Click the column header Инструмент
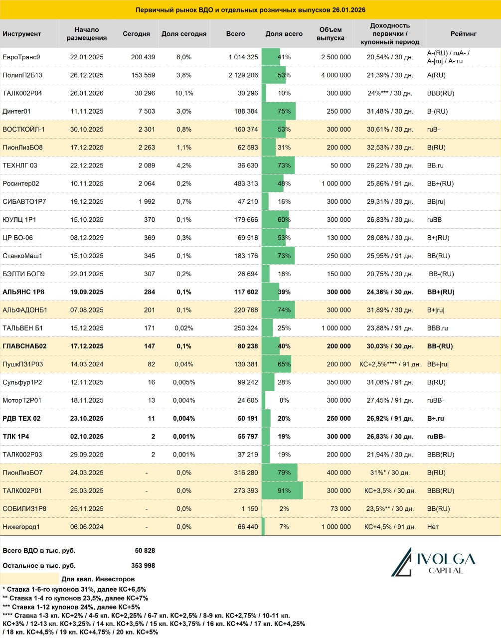pyautogui.click(x=22, y=34)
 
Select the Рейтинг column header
pyautogui.click(x=463, y=34)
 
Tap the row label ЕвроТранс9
pyautogui.click(x=21, y=57)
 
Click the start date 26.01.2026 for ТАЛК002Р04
pyautogui.click(x=87, y=93)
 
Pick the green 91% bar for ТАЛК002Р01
pyautogui.click(x=282, y=490)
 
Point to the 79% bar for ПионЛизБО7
pyautogui.click(x=280, y=473)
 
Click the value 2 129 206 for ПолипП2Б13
pyautogui.click(x=243, y=75)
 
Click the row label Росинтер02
pyautogui.click(x=21, y=183)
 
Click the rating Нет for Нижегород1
pyautogui.click(x=433, y=527)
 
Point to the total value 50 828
pyautogui.click(x=145, y=551)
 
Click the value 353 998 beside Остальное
pyautogui.click(x=143, y=566)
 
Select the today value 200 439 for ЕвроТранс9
pyautogui.click(x=143, y=57)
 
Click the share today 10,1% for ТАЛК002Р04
pyautogui.click(x=184, y=93)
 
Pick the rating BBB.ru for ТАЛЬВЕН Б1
pyautogui.click(x=438, y=328)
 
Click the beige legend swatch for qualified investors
pyautogui.click(x=29, y=579)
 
